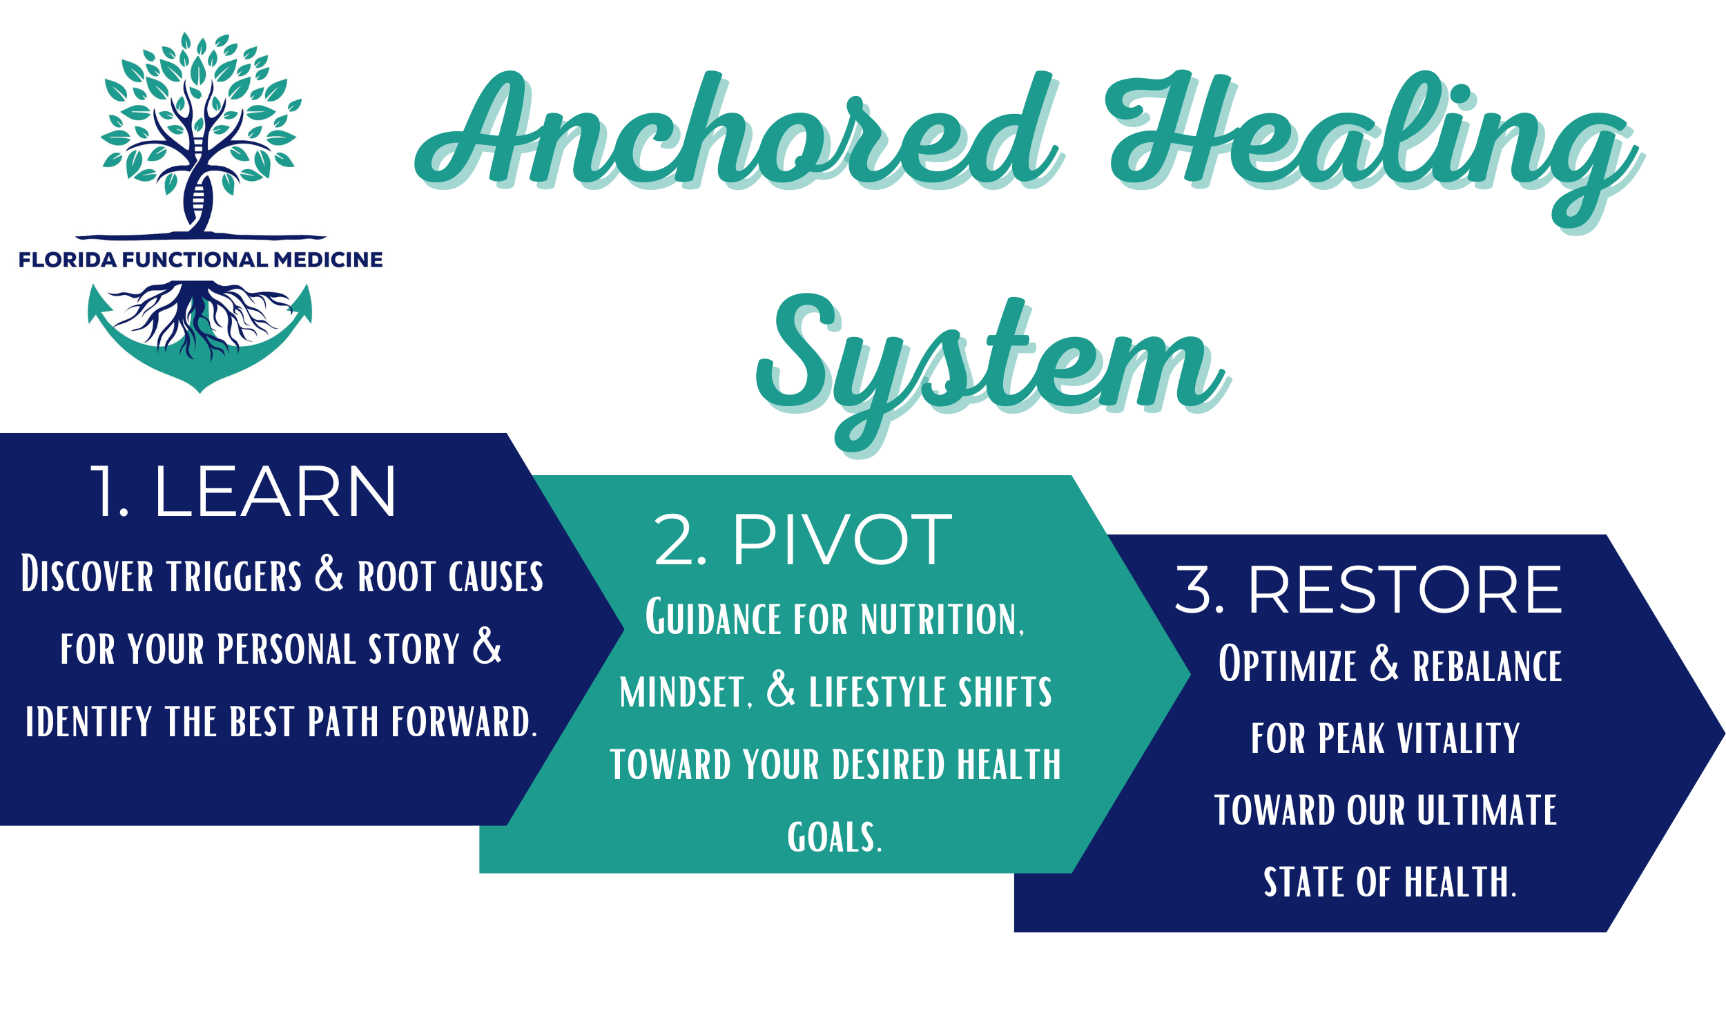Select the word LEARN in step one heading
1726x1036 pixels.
[275, 492]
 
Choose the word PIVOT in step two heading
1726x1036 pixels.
[841, 539]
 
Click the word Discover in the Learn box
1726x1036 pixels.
[87, 575]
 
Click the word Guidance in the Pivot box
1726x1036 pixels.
[713, 619]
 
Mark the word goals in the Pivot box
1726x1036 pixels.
[835, 837]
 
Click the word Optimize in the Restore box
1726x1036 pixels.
[1287, 664]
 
